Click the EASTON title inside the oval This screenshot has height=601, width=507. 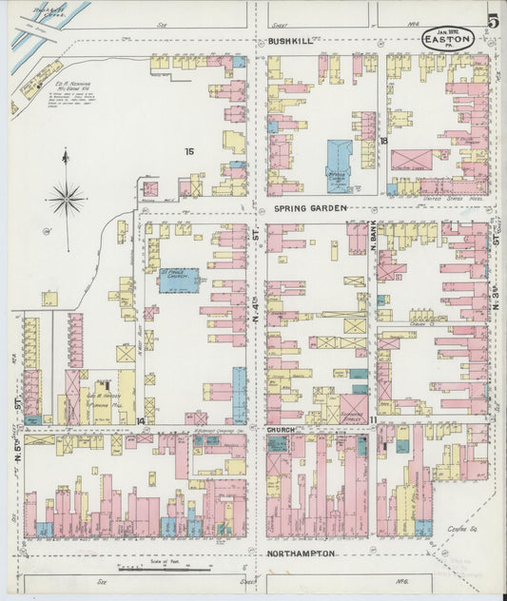coord(448,40)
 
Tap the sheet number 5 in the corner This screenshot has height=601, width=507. coord(493,19)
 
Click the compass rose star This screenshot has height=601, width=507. coord(67,199)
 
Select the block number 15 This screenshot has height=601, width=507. coord(189,151)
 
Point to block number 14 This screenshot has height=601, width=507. coord(140,420)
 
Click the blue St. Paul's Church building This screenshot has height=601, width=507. coord(178,280)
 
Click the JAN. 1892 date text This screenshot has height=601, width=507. coord(447,29)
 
